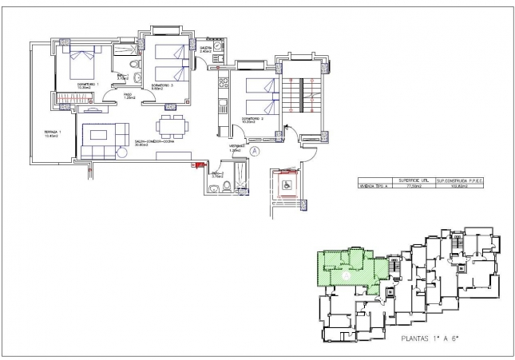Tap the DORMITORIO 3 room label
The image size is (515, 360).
pos(160,85)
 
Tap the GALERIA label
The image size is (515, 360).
pos(206,49)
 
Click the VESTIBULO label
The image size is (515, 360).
pos(236,148)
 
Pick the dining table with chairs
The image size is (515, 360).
pos(170,125)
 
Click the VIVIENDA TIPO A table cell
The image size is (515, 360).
pos(375,187)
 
